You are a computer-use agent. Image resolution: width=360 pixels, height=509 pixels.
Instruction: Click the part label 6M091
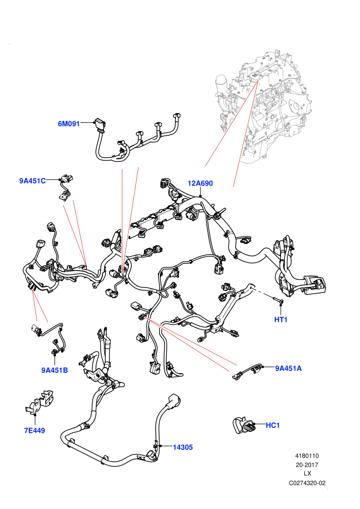[x=68, y=124]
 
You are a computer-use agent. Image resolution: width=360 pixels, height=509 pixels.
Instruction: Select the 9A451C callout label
[x=32, y=181]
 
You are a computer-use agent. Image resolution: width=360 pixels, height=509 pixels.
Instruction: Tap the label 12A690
[x=200, y=184]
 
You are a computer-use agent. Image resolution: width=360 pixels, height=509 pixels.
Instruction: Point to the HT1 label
[x=281, y=319]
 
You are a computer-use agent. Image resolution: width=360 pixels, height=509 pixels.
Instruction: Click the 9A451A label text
[x=289, y=368]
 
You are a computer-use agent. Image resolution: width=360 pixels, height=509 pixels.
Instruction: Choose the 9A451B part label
[x=55, y=370]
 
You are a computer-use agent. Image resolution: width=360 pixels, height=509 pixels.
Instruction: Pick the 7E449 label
[x=34, y=430]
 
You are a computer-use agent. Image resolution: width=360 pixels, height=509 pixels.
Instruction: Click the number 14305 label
[x=183, y=447]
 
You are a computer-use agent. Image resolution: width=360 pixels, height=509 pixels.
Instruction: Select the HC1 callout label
[x=273, y=425]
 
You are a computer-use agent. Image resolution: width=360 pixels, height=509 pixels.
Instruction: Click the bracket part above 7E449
[x=40, y=401]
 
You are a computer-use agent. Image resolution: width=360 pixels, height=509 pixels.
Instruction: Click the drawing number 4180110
[x=307, y=456]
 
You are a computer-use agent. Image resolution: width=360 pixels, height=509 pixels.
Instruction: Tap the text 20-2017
[x=307, y=465]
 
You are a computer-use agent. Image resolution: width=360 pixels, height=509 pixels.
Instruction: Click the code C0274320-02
[x=307, y=483]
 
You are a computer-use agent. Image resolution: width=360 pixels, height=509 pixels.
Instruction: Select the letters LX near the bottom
[x=308, y=474]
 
